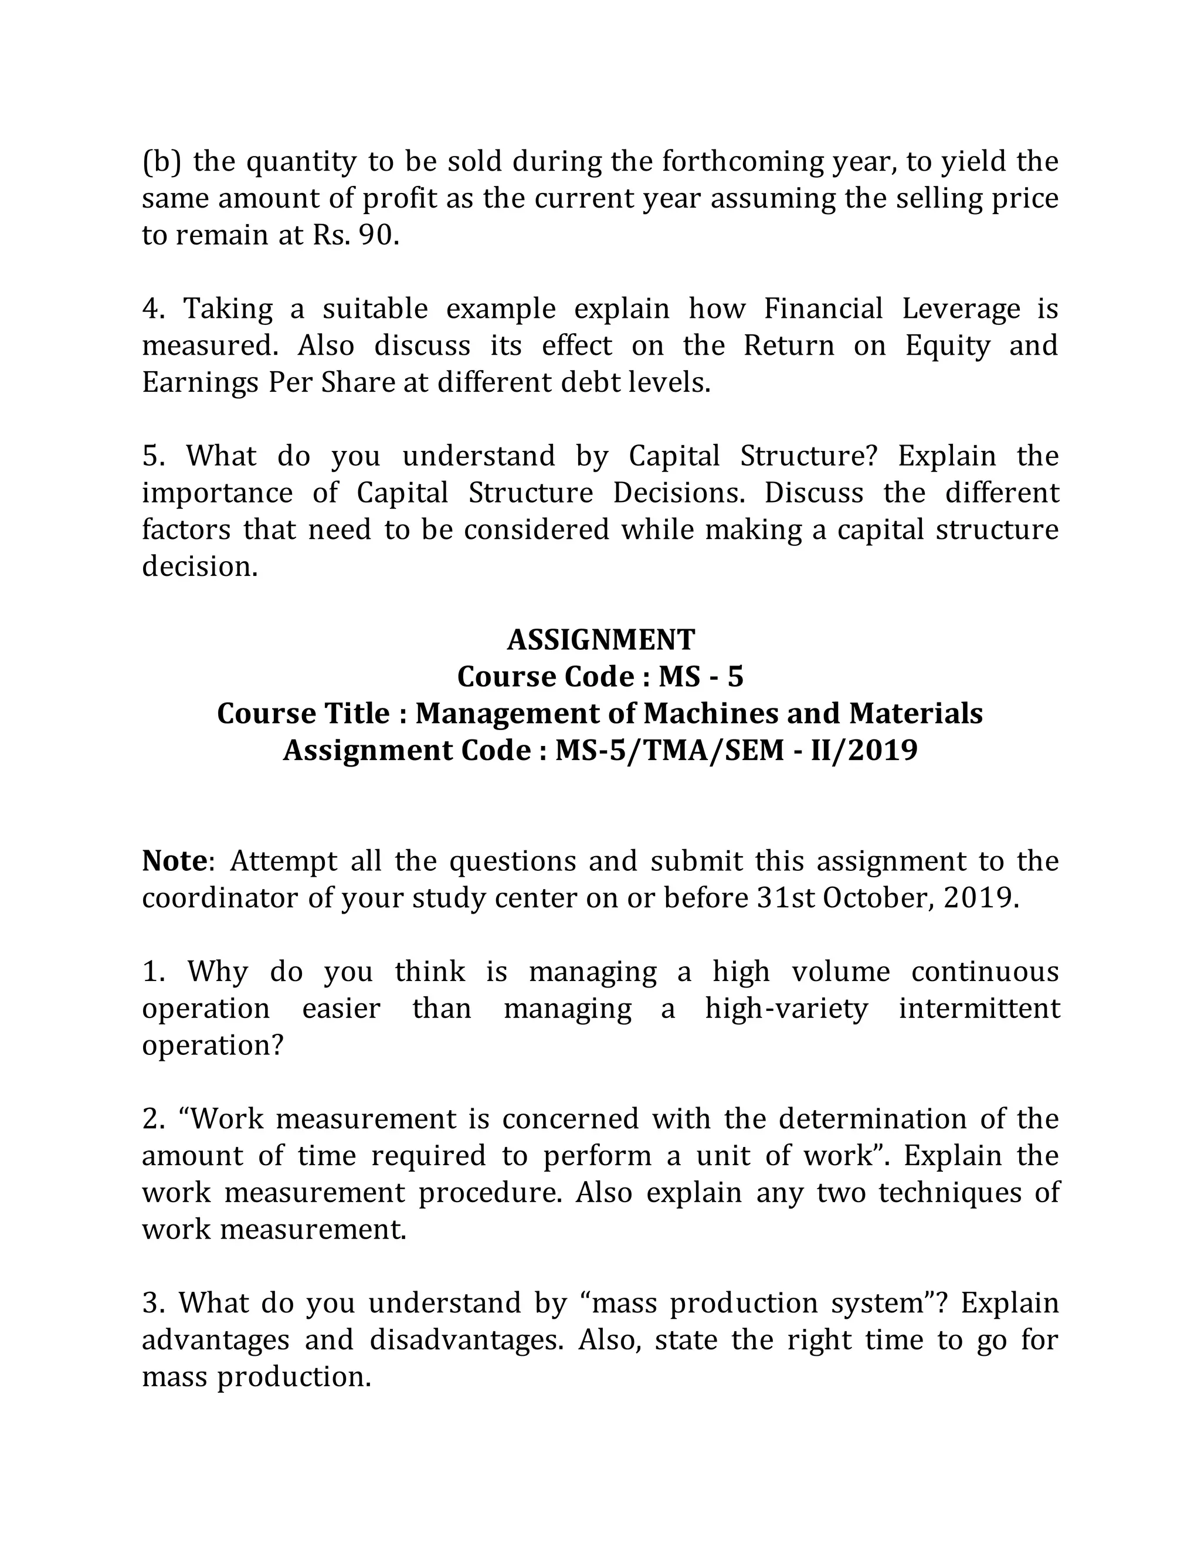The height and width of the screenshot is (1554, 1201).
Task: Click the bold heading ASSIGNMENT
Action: click(x=600, y=640)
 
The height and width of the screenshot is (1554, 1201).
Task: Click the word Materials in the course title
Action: click(x=915, y=714)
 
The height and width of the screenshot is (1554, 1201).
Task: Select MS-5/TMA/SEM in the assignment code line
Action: click(x=669, y=751)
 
